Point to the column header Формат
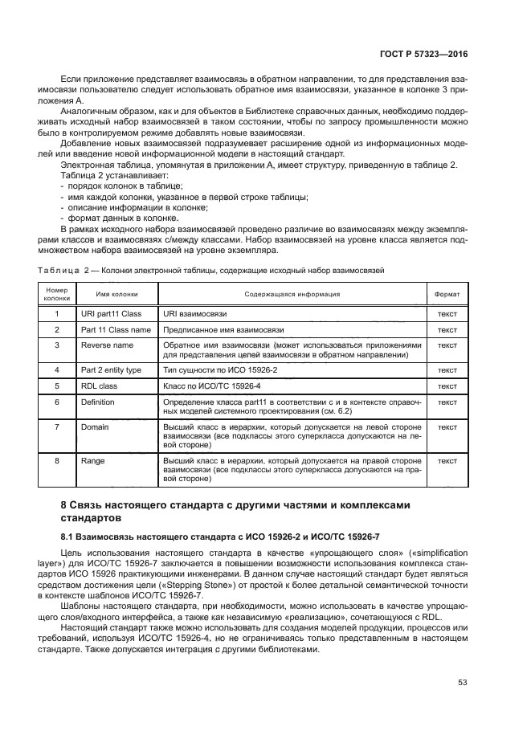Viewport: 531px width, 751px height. coord(447,294)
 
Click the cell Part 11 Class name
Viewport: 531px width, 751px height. coord(116,329)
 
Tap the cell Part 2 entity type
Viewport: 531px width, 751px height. coord(111,369)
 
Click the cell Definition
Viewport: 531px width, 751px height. coord(98,401)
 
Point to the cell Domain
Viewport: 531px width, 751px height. coord(95,427)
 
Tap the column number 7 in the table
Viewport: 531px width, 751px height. coord(57,427)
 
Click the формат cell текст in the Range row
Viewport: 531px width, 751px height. coord(447,461)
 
